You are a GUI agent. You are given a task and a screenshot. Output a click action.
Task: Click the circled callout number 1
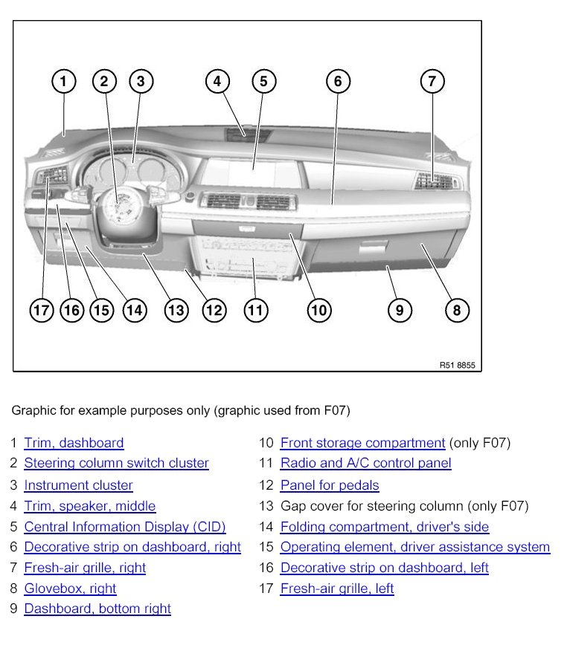(x=64, y=81)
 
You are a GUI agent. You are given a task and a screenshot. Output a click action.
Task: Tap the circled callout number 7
(x=432, y=81)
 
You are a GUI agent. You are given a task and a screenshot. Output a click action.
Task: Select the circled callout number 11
(x=255, y=310)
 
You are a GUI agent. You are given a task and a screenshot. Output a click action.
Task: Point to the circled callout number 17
(x=42, y=310)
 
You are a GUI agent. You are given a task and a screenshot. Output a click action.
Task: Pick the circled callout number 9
(x=400, y=310)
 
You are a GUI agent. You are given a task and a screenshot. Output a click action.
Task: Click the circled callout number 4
(x=217, y=81)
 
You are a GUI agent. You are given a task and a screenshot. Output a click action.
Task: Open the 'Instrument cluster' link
(x=78, y=485)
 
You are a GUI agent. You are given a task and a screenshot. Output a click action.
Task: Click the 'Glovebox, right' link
(x=70, y=589)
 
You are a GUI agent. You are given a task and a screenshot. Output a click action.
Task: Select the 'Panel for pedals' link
(x=330, y=485)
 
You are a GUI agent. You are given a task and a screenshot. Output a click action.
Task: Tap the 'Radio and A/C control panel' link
(x=365, y=463)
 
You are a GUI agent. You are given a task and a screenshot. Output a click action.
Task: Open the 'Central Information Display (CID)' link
(x=124, y=527)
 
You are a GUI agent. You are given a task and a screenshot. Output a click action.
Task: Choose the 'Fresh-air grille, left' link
(x=337, y=589)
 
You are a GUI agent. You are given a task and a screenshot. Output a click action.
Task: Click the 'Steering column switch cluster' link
(x=116, y=463)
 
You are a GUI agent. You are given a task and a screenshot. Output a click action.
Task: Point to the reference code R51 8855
(x=457, y=366)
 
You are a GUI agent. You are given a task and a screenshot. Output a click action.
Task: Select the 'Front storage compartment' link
(x=362, y=443)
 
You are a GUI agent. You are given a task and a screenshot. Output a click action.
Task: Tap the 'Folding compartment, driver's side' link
(x=385, y=527)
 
